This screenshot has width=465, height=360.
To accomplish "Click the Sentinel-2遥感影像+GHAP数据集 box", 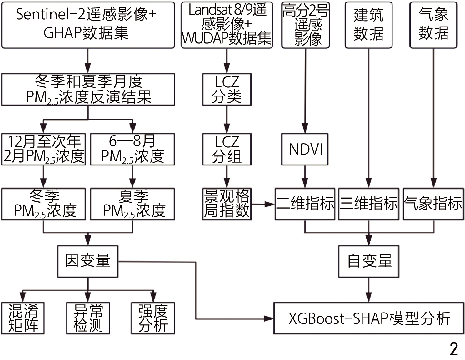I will (88, 25).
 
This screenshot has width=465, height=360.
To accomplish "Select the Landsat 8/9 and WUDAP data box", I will (227, 25).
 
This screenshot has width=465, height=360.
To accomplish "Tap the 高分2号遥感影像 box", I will (305, 25).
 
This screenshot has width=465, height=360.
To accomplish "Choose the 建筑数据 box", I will (368, 25).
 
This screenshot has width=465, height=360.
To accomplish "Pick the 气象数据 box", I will (433, 25).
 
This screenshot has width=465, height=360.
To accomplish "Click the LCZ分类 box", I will (227, 90).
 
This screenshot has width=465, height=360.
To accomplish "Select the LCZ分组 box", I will (227, 150).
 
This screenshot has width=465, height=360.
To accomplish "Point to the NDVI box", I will (305, 150).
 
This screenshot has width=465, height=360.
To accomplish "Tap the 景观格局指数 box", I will (227, 204).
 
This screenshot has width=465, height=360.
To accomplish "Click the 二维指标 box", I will (305, 204).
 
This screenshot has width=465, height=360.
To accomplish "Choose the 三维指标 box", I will (369, 204).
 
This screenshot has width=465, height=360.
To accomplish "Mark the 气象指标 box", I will (433, 204).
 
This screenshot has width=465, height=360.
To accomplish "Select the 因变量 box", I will (88, 261).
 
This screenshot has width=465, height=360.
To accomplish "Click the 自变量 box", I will (369, 261).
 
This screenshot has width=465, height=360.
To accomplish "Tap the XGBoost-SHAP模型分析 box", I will (369, 318).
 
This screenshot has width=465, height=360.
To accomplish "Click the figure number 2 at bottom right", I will (454, 349).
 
